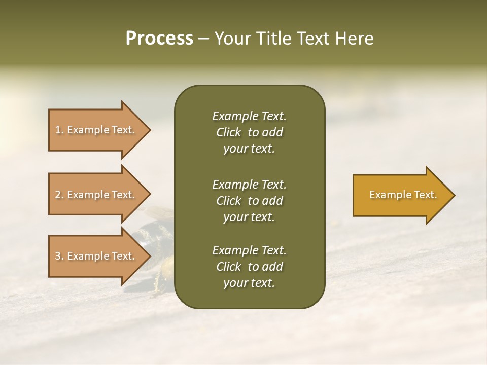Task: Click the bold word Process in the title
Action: (159, 39)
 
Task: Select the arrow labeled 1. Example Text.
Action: (96, 130)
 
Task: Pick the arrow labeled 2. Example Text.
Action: (96, 195)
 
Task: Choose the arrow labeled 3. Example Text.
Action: (96, 256)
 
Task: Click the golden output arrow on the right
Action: (401, 195)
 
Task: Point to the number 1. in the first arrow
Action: (59, 130)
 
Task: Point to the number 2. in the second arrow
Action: (59, 195)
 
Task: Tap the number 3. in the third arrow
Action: (59, 256)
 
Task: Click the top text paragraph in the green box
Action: (249, 132)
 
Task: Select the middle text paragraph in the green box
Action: (249, 201)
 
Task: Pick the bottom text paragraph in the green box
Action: (249, 267)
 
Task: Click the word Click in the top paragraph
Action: (228, 133)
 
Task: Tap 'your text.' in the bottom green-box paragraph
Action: (249, 283)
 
